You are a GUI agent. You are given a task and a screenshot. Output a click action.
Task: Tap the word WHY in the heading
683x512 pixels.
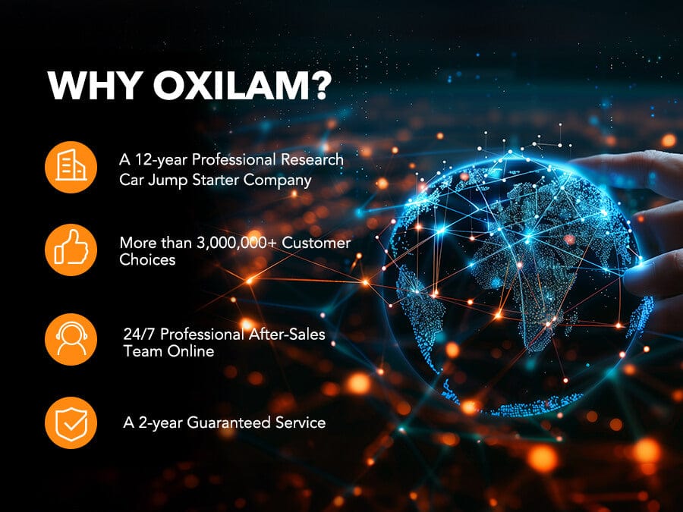click(96, 85)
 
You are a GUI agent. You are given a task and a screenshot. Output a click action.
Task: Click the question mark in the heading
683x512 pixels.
click(322, 85)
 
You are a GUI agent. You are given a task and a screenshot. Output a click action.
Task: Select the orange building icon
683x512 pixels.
click(71, 167)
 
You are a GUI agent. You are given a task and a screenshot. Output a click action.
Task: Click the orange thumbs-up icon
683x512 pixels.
click(71, 250)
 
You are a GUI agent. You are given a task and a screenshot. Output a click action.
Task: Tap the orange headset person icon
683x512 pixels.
click(71, 339)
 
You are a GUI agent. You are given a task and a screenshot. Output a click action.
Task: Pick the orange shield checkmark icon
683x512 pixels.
click(71, 422)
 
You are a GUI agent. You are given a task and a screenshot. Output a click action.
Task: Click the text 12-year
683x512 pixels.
click(161, 160)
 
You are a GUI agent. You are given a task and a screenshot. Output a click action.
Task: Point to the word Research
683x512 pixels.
click(312, 159)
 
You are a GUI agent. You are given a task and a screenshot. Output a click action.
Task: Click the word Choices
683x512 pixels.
click(147, 259)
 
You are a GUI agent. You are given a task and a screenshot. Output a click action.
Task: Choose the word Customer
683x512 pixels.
click(316, 243)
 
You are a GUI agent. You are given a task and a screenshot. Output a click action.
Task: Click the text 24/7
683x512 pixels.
click(140, 334)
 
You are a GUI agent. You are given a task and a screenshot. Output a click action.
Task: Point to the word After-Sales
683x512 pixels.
click(287, 334)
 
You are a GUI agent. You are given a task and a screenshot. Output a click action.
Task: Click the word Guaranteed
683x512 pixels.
click(228, 422)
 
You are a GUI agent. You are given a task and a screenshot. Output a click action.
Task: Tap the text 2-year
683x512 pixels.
click(160, 423)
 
